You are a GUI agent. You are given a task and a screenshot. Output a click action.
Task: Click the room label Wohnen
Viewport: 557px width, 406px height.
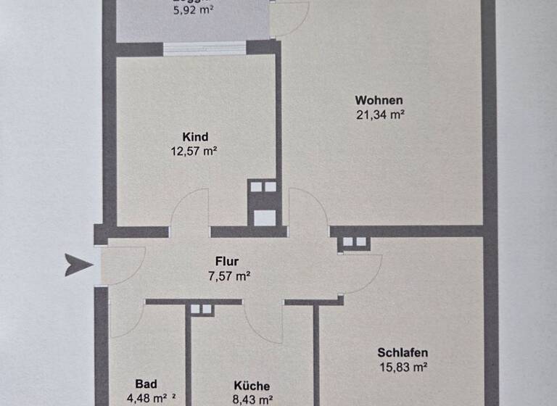pos(379,100)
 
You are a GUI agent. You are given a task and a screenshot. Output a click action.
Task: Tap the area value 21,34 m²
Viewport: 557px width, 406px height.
pos(379,115)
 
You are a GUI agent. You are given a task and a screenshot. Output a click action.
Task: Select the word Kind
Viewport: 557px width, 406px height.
pos(196,136)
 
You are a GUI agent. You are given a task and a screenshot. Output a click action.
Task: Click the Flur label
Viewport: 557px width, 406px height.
pos(227,261)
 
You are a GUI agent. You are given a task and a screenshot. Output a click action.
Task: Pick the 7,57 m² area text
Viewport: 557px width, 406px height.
pos(227,275)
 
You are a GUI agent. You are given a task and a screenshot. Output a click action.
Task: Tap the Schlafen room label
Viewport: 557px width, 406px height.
pos(402,353)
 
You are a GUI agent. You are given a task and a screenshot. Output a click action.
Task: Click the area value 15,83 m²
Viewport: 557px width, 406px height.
pos(402,368)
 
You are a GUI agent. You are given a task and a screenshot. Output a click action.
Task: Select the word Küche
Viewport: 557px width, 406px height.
pos(252,386)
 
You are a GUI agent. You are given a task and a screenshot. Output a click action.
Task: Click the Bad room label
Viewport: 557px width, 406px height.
pos(145,384)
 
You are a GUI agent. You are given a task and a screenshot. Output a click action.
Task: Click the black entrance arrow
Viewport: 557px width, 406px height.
pos(78,265)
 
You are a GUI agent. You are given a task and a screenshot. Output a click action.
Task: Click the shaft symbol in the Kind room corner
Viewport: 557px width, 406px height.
pos(263,203)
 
